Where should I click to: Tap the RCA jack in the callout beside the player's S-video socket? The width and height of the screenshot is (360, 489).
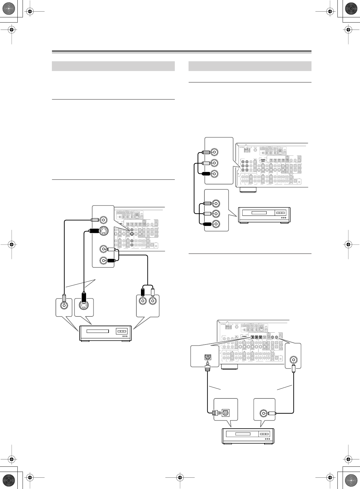(64, 305)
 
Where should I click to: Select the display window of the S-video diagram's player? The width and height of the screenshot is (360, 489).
(98, 331)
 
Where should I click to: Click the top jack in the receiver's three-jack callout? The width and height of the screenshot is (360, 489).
(215, 152)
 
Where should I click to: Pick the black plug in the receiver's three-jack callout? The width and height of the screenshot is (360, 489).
(205, 174)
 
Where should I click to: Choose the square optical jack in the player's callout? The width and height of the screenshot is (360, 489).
(226, 413)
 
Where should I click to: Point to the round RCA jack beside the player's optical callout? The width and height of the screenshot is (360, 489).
(262, 413)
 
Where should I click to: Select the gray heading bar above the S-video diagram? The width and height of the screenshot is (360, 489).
(113, 66)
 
